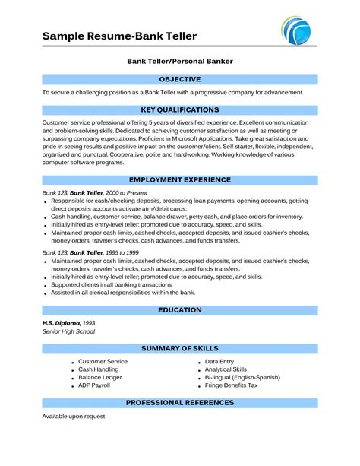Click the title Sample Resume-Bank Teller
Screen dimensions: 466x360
[119, 36]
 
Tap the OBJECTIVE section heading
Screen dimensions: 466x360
[180, 79]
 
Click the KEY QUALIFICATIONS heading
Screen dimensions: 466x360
[180, 109]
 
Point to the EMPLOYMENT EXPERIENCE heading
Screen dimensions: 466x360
[180, 179]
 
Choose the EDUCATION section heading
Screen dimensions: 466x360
[180, 310]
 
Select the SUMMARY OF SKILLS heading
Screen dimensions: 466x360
[180, 348]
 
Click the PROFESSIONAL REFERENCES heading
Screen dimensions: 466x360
[180, 402]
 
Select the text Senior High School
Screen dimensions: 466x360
[70, 332]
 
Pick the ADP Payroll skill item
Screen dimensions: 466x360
[95, 385]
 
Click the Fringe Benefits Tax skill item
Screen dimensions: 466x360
[232, 385]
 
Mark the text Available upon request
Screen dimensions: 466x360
[73, 417]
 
